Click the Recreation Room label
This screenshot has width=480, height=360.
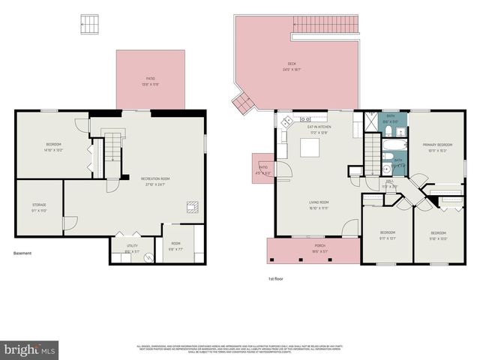tap(155, 178)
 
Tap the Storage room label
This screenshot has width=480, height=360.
tap(39, 205)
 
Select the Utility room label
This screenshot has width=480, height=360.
tap(132, 245)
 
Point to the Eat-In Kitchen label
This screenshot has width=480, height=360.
tap(319, 127)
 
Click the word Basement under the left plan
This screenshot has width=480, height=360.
tap(23, 253)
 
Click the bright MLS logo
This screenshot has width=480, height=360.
tap(30, 349)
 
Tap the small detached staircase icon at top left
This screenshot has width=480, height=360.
tap(88, 23)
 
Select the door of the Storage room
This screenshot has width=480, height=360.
tap(68, 223)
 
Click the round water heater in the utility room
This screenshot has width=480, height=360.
tap(147, 256)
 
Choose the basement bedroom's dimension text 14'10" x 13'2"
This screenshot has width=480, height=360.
tap(53, 150)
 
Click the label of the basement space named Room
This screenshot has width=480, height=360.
tap(175, 243)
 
